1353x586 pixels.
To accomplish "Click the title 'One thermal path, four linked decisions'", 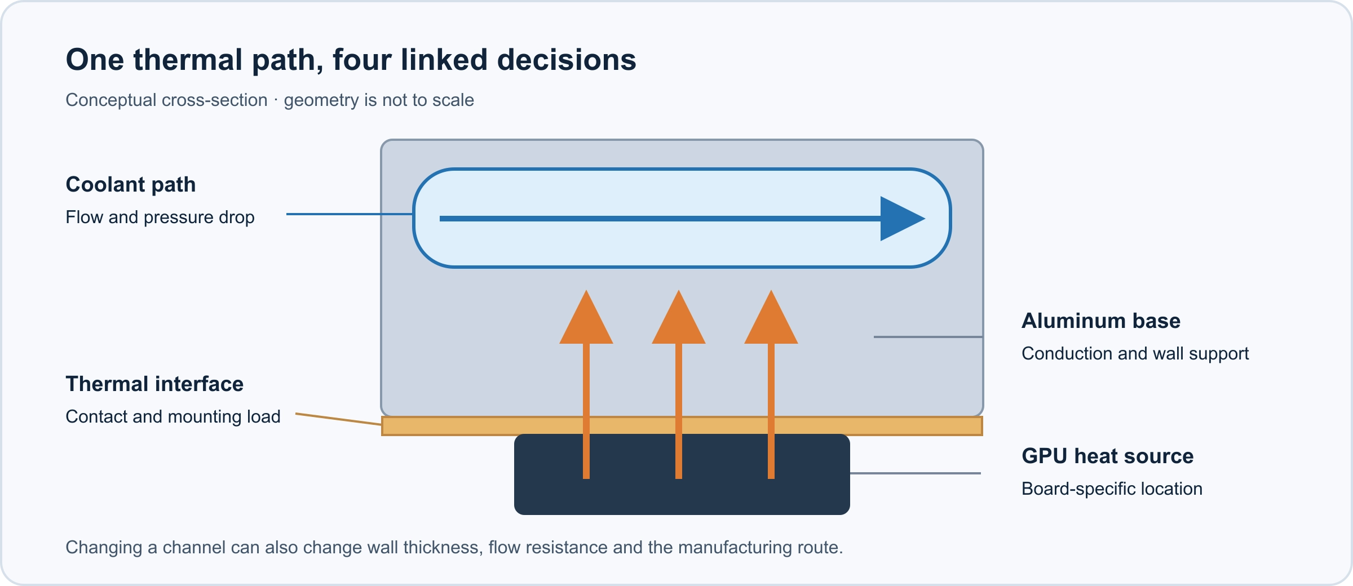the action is (351, 60).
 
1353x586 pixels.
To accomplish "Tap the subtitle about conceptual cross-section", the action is (269, 100).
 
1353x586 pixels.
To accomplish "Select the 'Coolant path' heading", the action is (131, 185).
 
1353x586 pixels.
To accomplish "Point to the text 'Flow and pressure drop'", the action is (160, 217).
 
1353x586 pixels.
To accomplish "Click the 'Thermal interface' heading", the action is (154, 384).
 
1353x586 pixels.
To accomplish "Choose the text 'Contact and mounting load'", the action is (173, 416).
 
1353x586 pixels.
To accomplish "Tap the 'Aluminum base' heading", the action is (1101, 321).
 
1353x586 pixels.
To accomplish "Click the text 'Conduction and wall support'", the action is (1135, 353).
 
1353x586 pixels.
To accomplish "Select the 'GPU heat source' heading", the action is (1108, 456).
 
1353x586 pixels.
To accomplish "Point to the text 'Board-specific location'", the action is (1112, 489).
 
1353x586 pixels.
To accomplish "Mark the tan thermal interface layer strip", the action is (682, 426).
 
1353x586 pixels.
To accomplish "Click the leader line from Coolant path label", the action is (350, 214).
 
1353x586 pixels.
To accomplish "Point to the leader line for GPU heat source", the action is (916, 473).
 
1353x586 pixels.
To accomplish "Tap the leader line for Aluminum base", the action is (928, 337).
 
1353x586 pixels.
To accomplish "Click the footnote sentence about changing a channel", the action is (454, 547).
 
